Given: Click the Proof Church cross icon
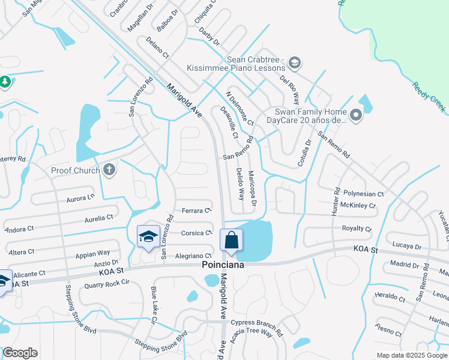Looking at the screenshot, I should click(x=109, y=170).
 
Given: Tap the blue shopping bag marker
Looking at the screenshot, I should click(x=231, y=241).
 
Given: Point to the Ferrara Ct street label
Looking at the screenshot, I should click(x=197, y=211).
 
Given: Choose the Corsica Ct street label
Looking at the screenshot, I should click(x=197, y=233).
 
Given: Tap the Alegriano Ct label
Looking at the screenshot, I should click(x=193, y=256).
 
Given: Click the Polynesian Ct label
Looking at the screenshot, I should click(x=363, y=194).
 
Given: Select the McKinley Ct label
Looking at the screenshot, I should click(x=358, y=206).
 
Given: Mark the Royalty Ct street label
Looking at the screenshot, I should click(x=357, y=229).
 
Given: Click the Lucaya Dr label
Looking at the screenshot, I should click(x=406, y=247).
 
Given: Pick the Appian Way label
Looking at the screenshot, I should click(x=92, y=253).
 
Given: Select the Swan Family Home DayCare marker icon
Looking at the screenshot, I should click(x=356, y=115).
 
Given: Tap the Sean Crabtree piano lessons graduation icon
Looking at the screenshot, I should click(x=294, y=62).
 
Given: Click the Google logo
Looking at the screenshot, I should click(x=20, y=353).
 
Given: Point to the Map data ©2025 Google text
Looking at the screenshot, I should click(x=411, y=355).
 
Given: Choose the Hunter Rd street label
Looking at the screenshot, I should click(x=335, y=205).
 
